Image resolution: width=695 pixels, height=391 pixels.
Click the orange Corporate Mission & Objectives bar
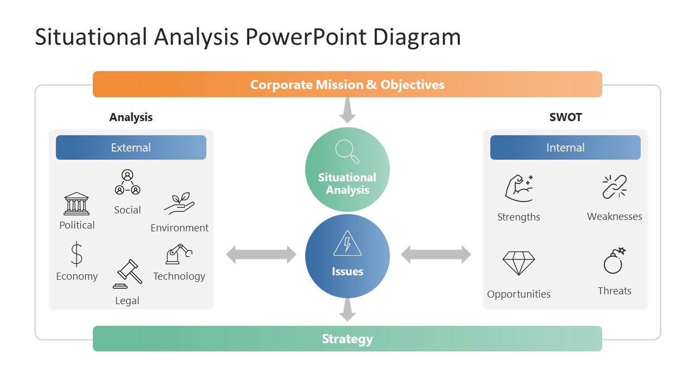[x=347, y=84]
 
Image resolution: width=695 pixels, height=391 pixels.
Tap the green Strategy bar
[x=347, y=339]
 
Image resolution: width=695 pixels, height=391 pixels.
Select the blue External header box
[x=131, y=148]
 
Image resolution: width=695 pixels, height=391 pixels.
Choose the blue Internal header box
[x=565, y=148]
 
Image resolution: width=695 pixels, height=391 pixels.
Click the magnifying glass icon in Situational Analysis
[x=347, y=151]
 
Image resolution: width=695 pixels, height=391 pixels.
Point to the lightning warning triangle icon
[x=347, y=244]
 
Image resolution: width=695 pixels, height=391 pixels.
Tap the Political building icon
[x=77, y=204]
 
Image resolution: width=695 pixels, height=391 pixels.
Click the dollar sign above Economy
[x=77, y=254]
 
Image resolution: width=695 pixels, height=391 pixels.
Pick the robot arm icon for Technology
[x=179, y=254]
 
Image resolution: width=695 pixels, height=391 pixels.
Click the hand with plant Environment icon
[x=179, y=204]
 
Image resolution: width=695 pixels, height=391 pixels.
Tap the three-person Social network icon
[x=128, y=182]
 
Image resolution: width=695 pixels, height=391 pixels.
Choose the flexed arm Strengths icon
[x=519, y=188]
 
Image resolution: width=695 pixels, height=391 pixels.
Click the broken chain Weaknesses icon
[x=615, y=187]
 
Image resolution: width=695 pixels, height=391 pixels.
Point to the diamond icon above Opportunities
[x=519, y=263]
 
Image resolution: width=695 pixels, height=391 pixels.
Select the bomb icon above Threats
[x=614, y=261]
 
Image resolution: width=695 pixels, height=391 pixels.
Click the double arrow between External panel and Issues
[x=261, y=254]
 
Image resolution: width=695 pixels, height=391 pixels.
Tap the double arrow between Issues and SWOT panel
[x=436, y=254]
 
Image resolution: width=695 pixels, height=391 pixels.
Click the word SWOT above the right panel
[x=565, y=117]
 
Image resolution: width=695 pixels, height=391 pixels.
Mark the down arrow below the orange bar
[x=347, y=111]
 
